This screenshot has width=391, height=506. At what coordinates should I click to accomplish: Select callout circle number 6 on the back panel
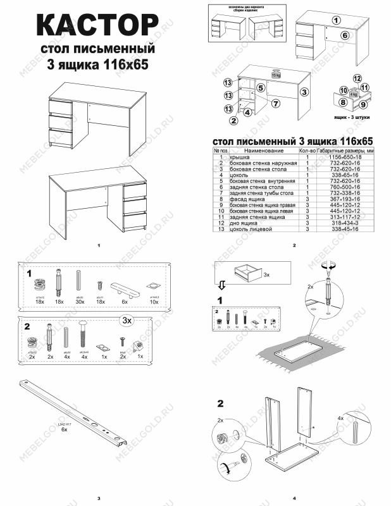point(345,35)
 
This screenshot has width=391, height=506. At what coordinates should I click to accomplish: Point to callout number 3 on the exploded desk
point(304,92)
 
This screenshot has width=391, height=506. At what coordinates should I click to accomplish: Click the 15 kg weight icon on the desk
point(275,74)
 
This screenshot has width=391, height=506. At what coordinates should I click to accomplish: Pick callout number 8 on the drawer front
point(342,101)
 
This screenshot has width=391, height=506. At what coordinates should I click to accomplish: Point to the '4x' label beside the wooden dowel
point(340,418)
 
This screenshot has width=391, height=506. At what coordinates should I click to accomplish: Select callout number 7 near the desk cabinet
point(276,103)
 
